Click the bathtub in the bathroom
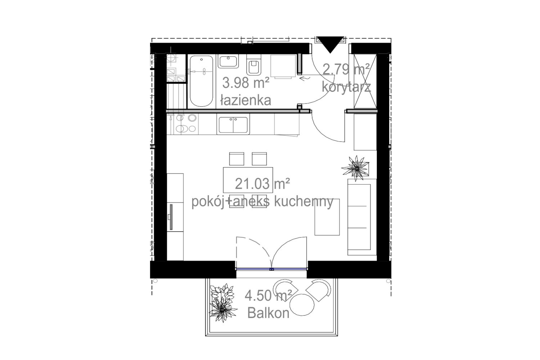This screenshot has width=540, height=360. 201,81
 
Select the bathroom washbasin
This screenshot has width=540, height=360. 228,61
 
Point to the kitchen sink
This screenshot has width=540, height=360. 233,125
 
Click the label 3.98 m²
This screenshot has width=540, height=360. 246,83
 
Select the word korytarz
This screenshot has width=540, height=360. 346,87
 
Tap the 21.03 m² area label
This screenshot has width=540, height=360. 262,184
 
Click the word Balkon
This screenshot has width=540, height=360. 268,313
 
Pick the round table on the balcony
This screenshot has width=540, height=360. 302,305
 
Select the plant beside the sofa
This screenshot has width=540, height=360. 356,168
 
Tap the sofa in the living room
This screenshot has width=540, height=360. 361,217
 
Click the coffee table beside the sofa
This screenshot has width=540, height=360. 327,217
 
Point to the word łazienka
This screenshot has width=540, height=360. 246,100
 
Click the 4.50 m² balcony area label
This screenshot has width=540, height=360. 268,296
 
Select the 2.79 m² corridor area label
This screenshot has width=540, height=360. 346,69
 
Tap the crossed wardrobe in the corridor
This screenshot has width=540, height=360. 365,81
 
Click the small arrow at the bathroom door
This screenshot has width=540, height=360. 305,78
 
